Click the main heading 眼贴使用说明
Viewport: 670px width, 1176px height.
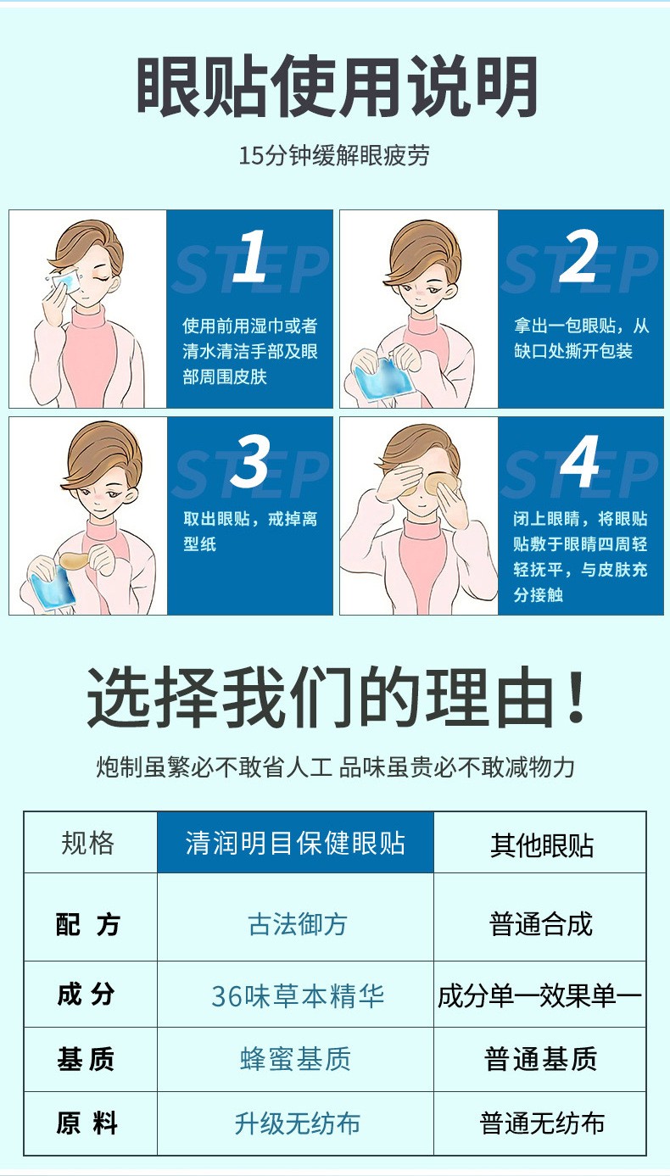(337, 87)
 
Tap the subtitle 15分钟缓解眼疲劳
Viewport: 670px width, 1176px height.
(334, 156)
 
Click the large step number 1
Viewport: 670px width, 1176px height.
(249, 256)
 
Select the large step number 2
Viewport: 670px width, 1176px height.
(579, 256)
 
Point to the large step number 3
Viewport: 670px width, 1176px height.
(249, 462)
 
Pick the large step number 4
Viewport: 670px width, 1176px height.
(580, 462)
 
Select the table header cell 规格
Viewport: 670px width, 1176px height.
(88, 843)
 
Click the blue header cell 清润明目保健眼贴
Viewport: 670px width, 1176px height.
(295, 843)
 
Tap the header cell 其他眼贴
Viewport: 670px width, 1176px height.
(541, 844)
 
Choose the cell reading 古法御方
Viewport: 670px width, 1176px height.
(298, 923)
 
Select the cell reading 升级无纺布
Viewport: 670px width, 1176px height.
(298, 1124)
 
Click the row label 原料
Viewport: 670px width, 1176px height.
(87, 1124)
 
